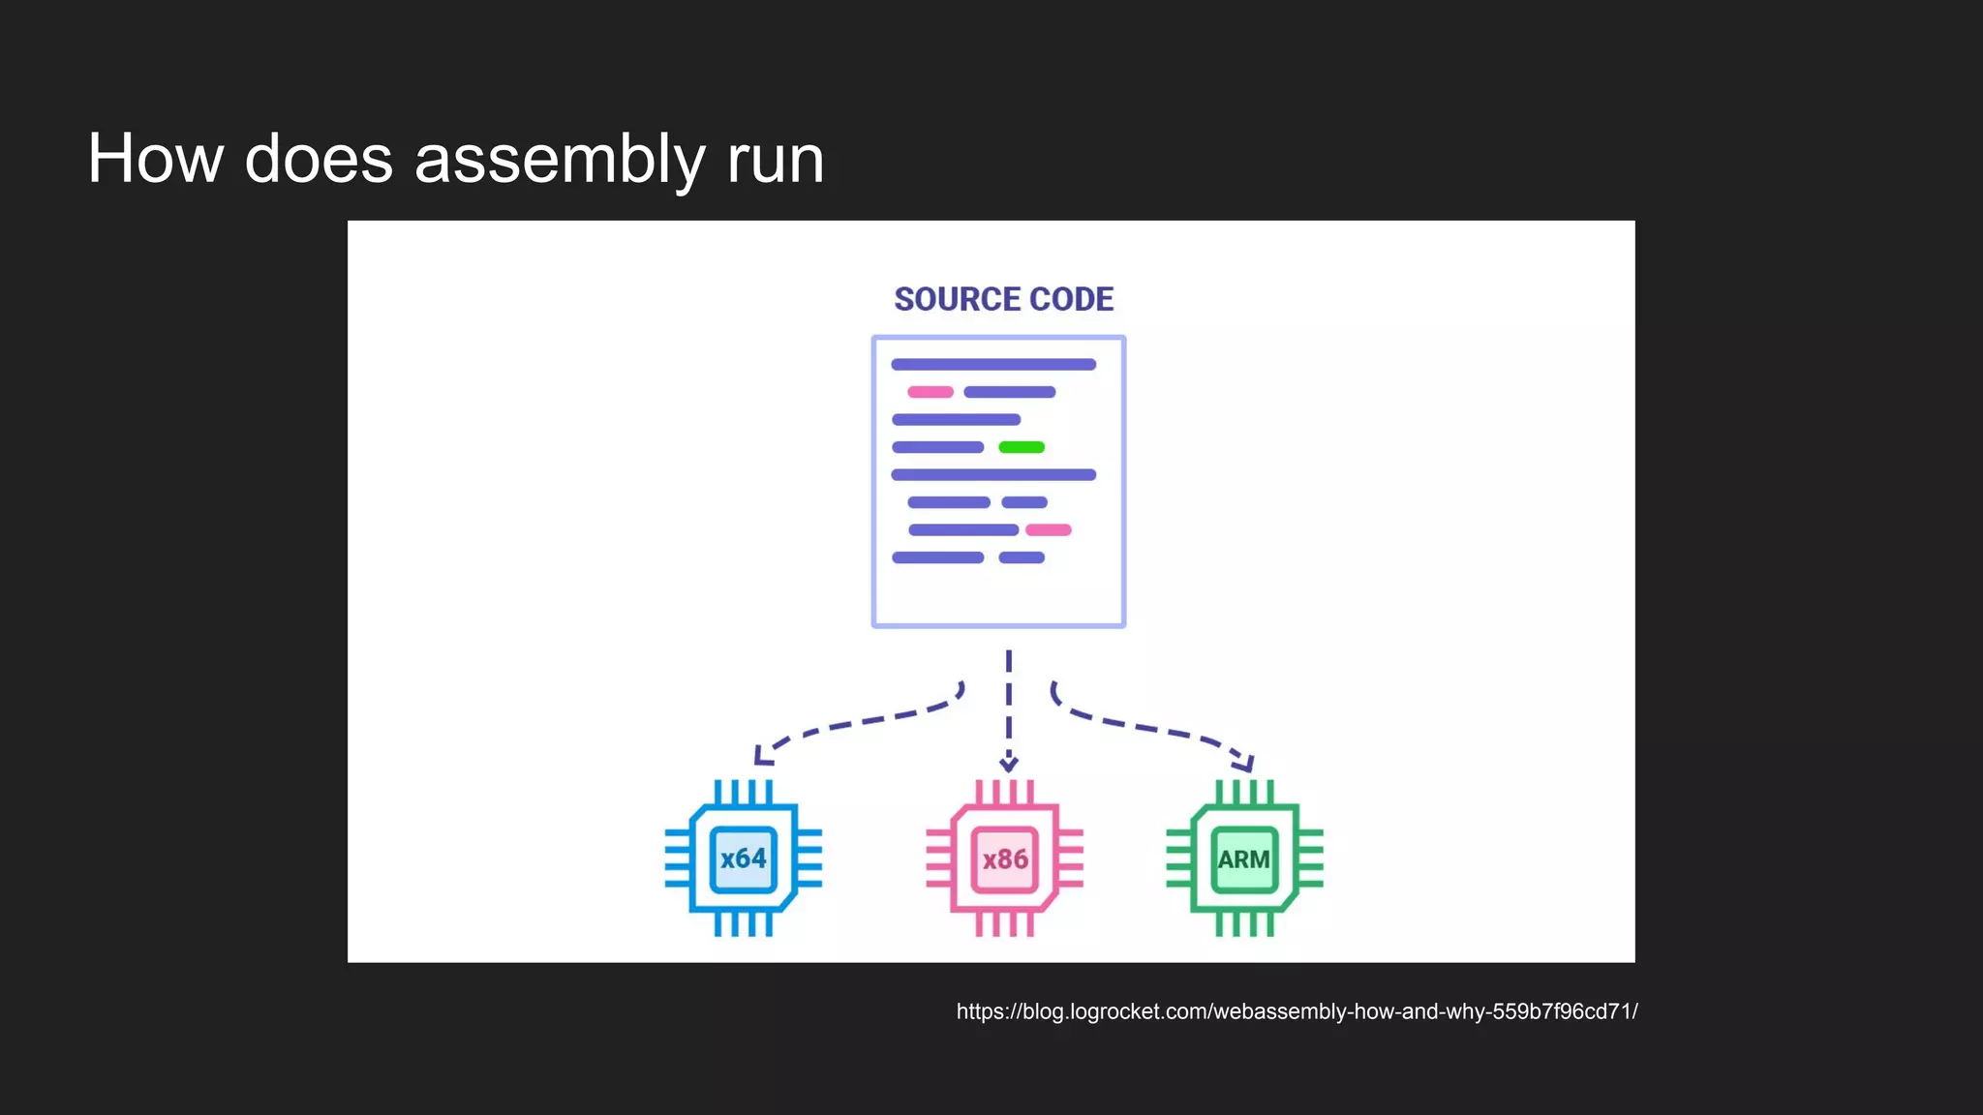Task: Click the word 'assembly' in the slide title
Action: coord(560,160)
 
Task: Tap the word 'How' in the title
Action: coord(155,160)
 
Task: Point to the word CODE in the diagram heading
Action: coord(1072,299)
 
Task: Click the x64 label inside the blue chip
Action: coord(743,859)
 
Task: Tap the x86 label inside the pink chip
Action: coord(1005,859)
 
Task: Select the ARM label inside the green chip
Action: coord(1244,859)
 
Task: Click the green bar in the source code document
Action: coord(1022,447)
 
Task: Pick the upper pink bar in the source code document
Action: coord(930,392)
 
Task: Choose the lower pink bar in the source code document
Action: coord(1049,529)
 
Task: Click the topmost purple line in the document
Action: coord(993,365)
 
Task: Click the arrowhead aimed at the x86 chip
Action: coord(1008,764)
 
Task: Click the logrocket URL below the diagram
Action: coord(1297,1011)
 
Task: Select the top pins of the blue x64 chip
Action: coord(743,793)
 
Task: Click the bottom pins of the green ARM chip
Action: coord(1244,923)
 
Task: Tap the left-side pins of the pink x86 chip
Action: coord(939,859)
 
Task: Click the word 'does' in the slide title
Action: coord(319,160)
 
